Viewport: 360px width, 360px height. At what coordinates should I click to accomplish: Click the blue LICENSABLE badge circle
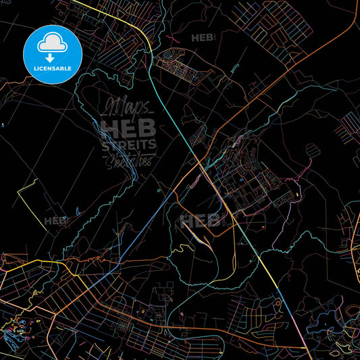pyautogui.click(x=53, y=54)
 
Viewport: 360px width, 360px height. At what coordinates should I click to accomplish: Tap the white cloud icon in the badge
pyautogui.click(x=53, y=44)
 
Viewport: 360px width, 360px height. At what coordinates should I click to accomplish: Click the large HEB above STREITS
pyautogui.click(x=128, y=127)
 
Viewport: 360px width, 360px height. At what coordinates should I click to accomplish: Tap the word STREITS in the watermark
pyautogui.click(x=128, y=145)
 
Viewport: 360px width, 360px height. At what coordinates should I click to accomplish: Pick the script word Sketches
pyautogui.click(x=128, y=160)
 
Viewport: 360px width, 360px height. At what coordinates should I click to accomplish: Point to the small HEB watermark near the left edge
pyautogui.click(x=55, y=220)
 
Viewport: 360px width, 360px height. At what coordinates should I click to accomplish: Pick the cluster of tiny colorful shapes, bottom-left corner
pyautogui.click(x=20, y=328)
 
